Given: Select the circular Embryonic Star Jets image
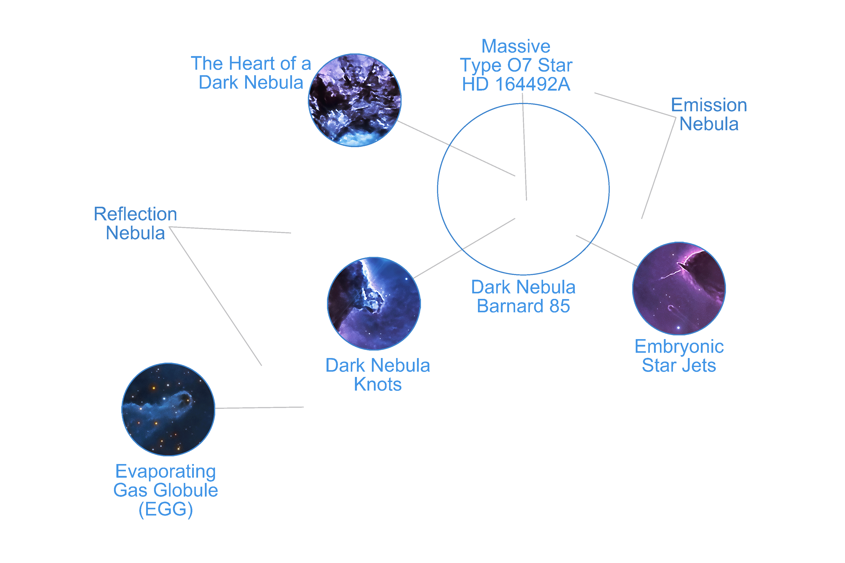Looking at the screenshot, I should pos(679,288).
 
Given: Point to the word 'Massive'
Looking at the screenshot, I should pos(516,46).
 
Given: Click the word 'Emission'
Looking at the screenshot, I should pos(709,105).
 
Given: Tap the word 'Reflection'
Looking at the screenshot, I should pos(136,214).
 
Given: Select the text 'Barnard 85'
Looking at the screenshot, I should pos(523,306).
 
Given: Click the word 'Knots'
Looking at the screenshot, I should pos(378,385).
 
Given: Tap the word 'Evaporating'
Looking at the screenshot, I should pos(166,472).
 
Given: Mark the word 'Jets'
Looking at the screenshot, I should pos(699,366).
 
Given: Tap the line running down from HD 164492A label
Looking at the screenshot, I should pos(525,151).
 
